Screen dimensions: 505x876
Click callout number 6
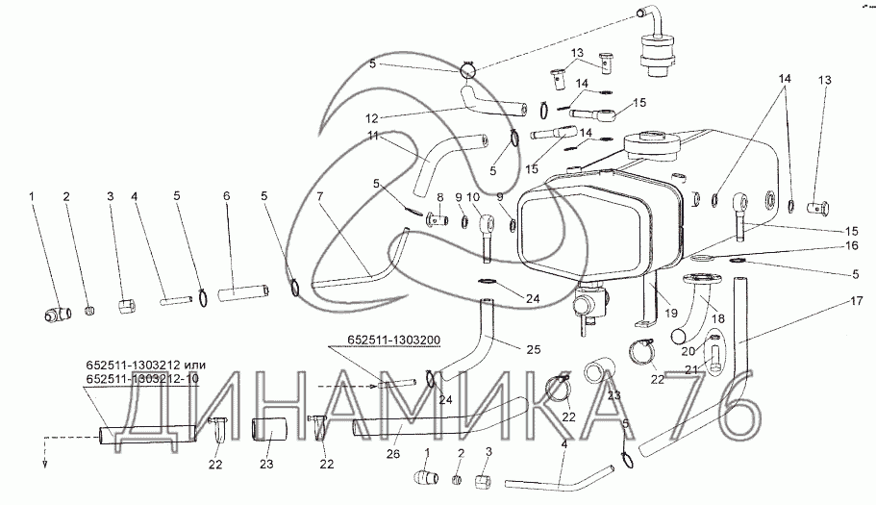[227, 196]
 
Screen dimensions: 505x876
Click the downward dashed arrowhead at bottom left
[43, 462]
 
